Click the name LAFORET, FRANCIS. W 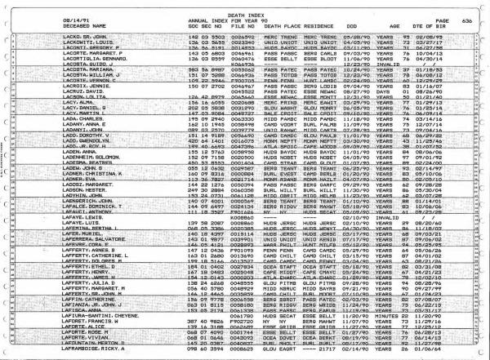(x=82, y=319)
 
